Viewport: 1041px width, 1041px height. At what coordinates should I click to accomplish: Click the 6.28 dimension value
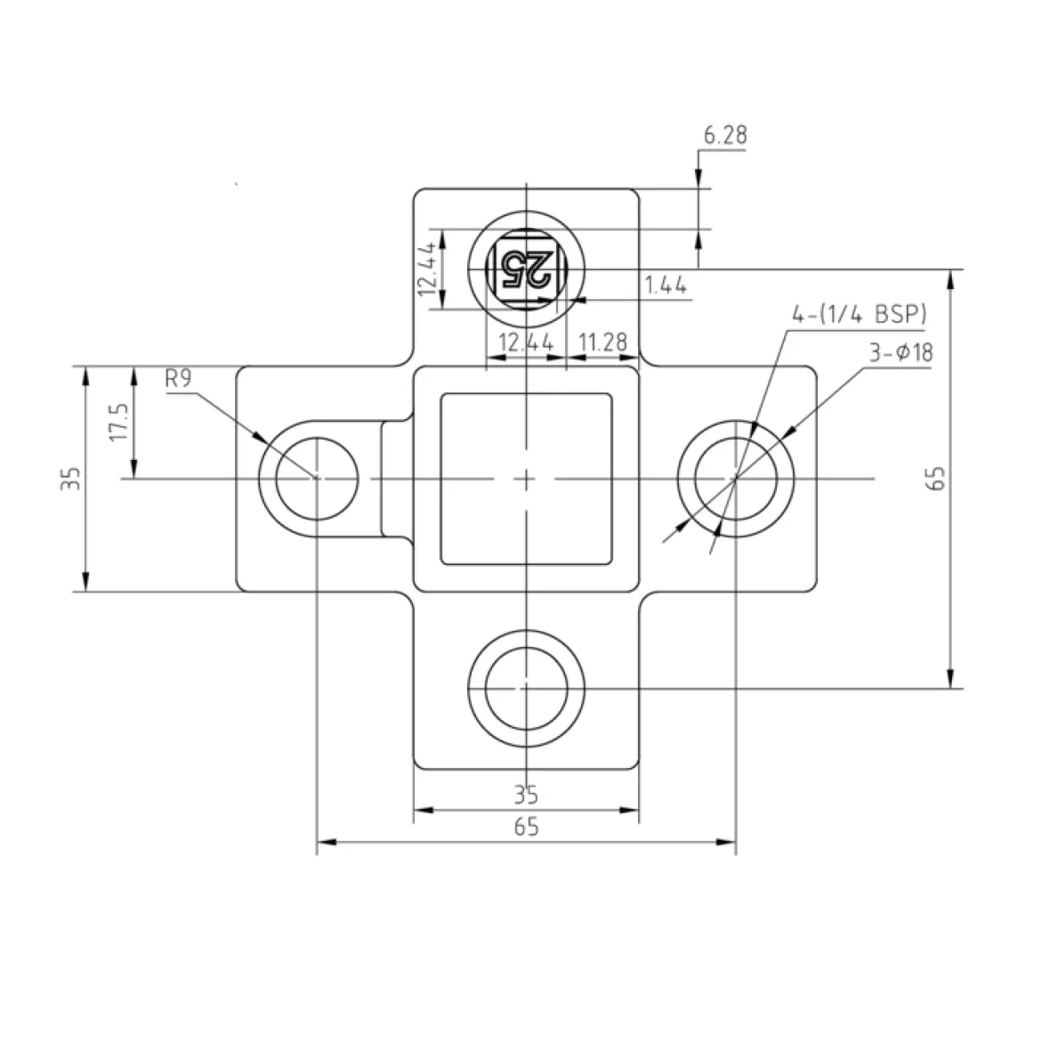pos(725,135)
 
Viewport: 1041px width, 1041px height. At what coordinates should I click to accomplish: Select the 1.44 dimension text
pos(666,286)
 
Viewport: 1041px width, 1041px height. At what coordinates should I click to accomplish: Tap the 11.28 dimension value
pos(603,343)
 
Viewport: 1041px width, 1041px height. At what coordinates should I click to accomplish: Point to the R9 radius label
pos(179,378)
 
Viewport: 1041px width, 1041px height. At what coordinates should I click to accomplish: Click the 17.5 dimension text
pos(119,422)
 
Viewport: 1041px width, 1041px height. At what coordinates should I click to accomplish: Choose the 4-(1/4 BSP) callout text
pos(859,314)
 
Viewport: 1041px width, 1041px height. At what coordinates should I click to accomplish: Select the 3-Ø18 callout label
pos(901,352)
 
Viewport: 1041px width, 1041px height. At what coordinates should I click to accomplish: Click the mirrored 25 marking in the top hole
pos(527,269)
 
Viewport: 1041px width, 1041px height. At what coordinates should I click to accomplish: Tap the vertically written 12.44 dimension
pos(427,269)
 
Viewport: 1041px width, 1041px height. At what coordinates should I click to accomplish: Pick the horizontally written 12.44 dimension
pos(526,343)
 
